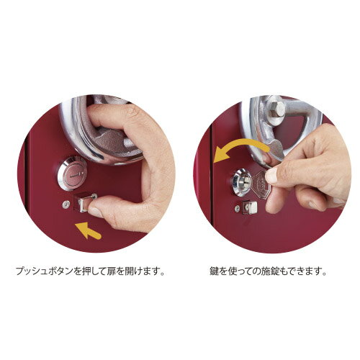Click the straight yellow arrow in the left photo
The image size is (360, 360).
[x=90, y=232]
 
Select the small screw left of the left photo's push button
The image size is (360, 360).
[x=66, y=202]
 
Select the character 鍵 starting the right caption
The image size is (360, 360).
[x=214, y=273]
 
